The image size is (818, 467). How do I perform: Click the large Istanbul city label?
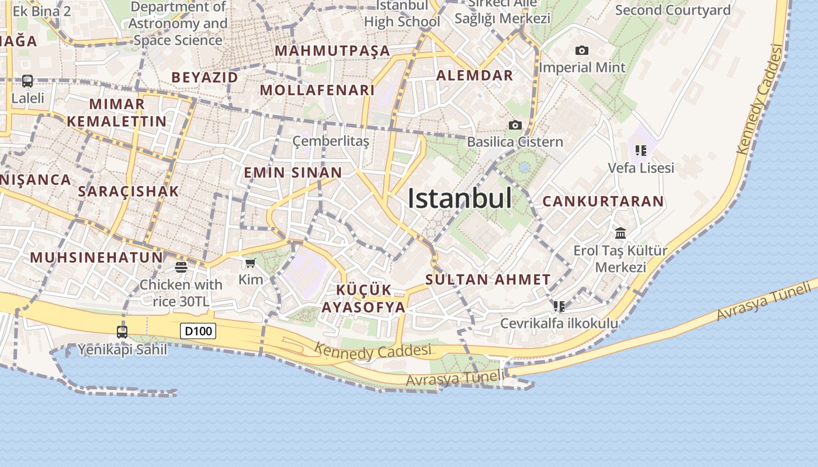coord(459,198)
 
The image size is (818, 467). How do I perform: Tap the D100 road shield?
coord(198,332)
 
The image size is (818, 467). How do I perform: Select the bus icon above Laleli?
coord(27,81)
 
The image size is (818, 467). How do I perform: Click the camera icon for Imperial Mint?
coord(581,51)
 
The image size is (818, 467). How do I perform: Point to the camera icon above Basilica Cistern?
coord(515,125)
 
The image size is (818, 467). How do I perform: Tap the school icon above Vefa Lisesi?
coord(641,151)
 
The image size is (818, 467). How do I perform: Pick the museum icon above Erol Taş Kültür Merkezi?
coord(621,233)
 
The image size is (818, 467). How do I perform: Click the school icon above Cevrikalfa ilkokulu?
coord(559,306)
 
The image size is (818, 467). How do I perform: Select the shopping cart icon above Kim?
coord(251,263)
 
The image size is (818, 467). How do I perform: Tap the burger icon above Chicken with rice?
coord(181,267)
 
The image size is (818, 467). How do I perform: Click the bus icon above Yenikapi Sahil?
coord(122,332)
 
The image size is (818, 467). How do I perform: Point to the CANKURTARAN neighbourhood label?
coord(603,201)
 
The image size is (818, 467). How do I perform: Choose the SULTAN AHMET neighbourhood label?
coord(488,280)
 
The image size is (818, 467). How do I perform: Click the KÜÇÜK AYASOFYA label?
coord(363,298)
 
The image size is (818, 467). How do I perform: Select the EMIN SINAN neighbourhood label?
coord(293,173)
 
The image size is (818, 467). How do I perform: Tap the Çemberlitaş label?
coord(331,141)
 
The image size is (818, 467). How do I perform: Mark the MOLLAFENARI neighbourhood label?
coord(317,90)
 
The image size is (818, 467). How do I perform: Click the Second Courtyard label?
coord(673,10)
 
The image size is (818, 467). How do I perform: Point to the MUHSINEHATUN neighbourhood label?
coord(96,257)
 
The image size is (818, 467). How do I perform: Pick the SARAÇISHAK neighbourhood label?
coord(129,191)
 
